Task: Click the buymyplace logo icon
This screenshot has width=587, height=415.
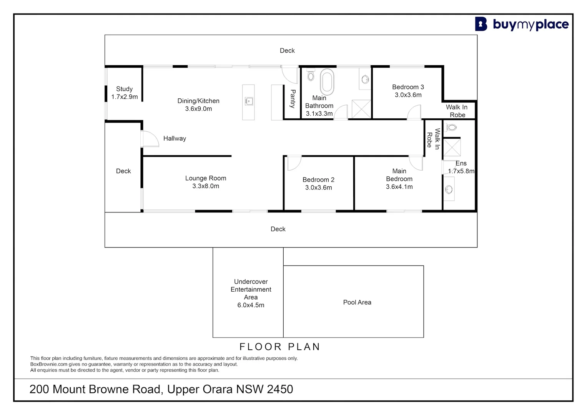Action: [x=481, y=24]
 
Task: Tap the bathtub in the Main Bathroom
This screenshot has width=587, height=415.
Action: [x=327, y=82]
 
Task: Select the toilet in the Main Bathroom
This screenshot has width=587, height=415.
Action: [x=311, y=76]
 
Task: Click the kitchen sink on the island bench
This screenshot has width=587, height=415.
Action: [x=249, y=101]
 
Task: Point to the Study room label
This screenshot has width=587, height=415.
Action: [x=124, y=89]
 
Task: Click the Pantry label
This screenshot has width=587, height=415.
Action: [x=293, y=99]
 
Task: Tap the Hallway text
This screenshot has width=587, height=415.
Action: [x=175, y=138]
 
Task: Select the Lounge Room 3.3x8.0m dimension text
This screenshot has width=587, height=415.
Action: [x=206, y=186]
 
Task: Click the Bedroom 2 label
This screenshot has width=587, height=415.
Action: [x=318, y=179]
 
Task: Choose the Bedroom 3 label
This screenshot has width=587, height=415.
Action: [x=408, y=87]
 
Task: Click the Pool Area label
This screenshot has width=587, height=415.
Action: [x=357, y=302]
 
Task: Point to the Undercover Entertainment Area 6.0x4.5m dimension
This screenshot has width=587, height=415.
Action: [x=251, y=305]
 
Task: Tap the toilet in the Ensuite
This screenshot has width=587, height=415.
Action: [x=451, y=127]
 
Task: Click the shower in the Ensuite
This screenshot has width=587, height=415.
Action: [x=452, y=147]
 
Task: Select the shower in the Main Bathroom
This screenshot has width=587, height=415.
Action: [x=361, y=109]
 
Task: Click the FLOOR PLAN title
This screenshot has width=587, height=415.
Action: [x=280, y=347]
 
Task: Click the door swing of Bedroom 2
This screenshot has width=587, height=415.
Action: [x=294, y=163]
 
